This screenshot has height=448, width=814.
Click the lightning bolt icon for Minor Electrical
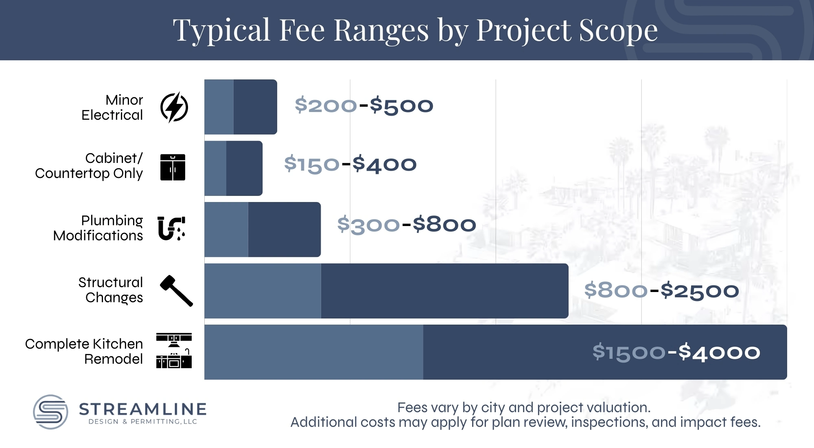[x=174, y=107]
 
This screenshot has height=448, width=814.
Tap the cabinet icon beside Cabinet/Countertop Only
[x=173, y=167]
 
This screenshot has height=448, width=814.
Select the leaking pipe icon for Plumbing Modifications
[x=171, y=228]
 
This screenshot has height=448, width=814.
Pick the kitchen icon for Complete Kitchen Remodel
[x=174, y=351]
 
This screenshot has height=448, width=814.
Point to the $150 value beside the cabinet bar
[x=312, y=164]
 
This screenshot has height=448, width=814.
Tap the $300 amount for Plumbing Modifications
[x=368, y=225]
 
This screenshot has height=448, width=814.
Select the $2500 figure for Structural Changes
[x=700, y=291]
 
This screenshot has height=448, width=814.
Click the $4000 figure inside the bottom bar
[x=719, y=352]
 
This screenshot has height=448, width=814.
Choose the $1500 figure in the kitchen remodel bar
[x=629, y=352]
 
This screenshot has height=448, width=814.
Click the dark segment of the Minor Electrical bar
[x=255, y=107]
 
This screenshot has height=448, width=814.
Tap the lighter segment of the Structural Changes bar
[x=263, y=291]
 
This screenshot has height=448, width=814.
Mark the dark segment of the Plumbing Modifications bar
[x=284, y=229]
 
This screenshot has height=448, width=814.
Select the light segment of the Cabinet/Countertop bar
[x=215, y=168]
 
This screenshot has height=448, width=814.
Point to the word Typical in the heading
[x=221, y=31]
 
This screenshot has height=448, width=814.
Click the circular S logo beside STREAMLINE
[x=50, y=412]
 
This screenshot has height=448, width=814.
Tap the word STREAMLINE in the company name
[x=143, y=409]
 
